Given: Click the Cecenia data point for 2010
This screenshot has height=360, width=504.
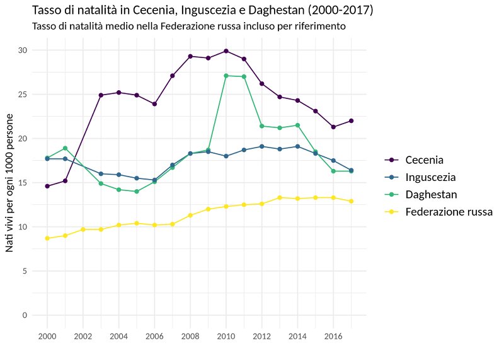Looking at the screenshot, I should tap(226, 51).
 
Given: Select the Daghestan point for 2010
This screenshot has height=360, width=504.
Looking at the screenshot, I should tap(226, 76).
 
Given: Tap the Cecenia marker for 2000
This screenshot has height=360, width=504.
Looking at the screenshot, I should tap(47, 186).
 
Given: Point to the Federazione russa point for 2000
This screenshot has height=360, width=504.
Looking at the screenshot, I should tap(47, 238).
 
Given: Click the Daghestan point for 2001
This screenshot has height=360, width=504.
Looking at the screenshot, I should tap(65, 148).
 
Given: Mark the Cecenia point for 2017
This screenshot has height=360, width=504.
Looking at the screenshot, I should tap(351, 121).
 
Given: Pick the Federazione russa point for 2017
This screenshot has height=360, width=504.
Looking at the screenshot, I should tap(351, 201).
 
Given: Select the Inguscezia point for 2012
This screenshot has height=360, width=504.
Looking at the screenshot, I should tap(261, 146).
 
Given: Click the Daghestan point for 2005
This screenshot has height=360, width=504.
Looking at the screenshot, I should tap(136, 192).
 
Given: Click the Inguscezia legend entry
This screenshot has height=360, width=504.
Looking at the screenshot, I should tap(431, 177).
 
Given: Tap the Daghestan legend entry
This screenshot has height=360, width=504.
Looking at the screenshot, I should tap(431, 194).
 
